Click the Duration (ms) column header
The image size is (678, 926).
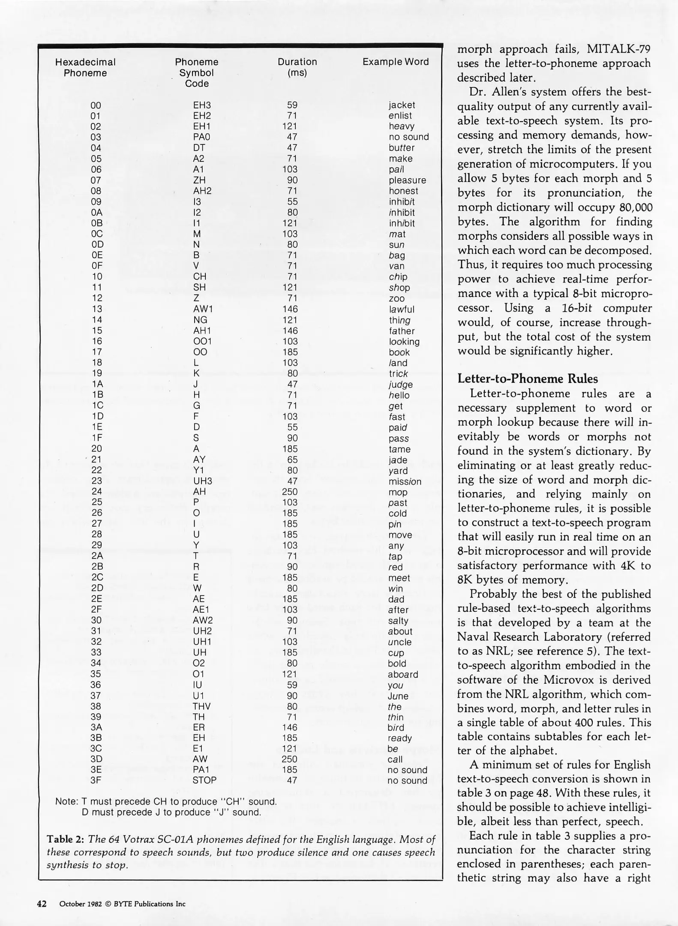[x=297, y=67]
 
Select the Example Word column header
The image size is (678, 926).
[x=395, y=62]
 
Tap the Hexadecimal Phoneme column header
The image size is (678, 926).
[x=85, y=67]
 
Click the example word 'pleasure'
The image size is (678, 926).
[x=407, y=180]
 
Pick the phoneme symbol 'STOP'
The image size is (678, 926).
[x=204, y=780]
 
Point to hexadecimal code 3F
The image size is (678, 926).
[x=96, y=780]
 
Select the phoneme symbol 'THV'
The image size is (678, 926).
[x=201, y=706]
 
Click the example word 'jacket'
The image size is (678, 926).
[x=402, y=105]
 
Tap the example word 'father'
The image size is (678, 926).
[x=402, y=331]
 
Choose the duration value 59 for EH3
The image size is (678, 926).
[x=292, y=105]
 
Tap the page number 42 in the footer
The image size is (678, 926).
[x=42, y=904]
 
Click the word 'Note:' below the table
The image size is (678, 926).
[x=66, y=802]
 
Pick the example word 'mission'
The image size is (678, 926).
[x=405, y=481]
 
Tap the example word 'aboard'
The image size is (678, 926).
[x=403, y=674]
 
